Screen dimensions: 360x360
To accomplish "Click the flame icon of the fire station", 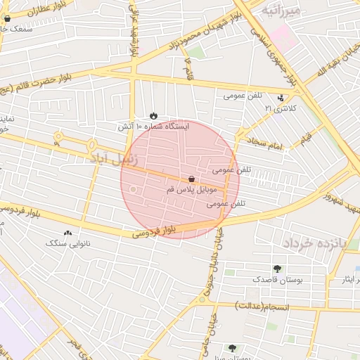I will [x=154, y=115].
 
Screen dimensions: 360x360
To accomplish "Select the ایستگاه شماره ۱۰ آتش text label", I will [x=154, y=127].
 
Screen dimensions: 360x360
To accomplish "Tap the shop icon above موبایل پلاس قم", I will [x=192, y=180].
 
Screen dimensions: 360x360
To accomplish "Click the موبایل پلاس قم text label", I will [x=195, y=191].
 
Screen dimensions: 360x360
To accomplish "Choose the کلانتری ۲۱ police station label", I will [x=281, y=108].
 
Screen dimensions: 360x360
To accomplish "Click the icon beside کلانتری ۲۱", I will [x=281, y=98].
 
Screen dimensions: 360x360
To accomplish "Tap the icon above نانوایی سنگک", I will [x=67, y=233].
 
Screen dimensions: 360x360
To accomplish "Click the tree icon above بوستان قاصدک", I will [x=277, y=268].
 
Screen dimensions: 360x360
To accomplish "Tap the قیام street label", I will [x=308, y=139].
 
